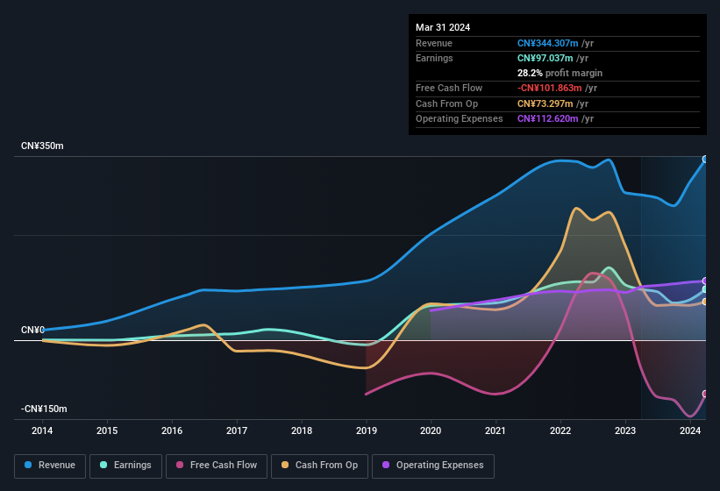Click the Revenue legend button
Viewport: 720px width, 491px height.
(x=51, y=466)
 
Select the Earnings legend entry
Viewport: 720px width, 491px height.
(x=126, y=466)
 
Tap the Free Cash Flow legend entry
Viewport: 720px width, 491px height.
(x=217, y=466)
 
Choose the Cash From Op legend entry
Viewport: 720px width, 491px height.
(x=319, y=466)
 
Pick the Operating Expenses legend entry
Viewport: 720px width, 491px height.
(x=433, y=466)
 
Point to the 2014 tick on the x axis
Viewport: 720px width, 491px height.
(x=42, y=431)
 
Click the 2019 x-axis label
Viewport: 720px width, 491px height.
(x=367, y=431)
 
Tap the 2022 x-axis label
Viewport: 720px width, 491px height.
(x=560, y=431)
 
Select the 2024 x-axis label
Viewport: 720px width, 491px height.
(x=690, y=431)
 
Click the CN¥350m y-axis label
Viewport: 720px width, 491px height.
(x=43, y=146)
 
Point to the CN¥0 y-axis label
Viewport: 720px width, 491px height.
(x=33, y=331)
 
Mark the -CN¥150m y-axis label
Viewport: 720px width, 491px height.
(x=45, y=409)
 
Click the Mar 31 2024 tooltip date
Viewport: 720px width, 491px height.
(x=443, y=27)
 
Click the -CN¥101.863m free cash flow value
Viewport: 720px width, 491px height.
(x=550, y=88)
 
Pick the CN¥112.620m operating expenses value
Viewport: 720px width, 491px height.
(x=548, y=118)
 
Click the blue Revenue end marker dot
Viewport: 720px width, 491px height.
(x=705, y=160)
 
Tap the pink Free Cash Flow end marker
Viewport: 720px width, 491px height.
(x=705, y=394)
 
